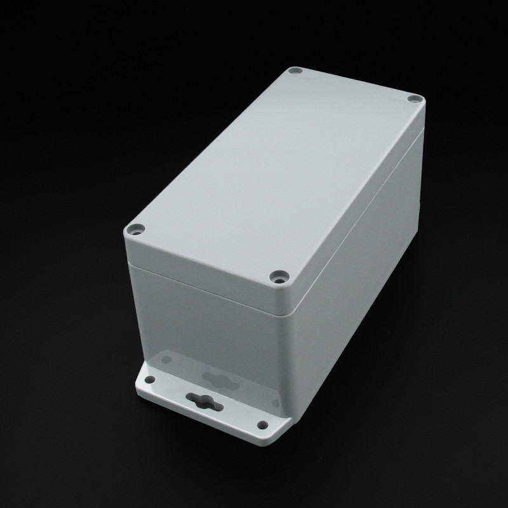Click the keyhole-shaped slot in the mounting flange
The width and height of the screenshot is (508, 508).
[198, 399]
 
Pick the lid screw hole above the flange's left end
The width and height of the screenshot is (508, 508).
[135, 229]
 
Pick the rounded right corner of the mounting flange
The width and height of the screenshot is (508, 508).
[279, 438]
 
